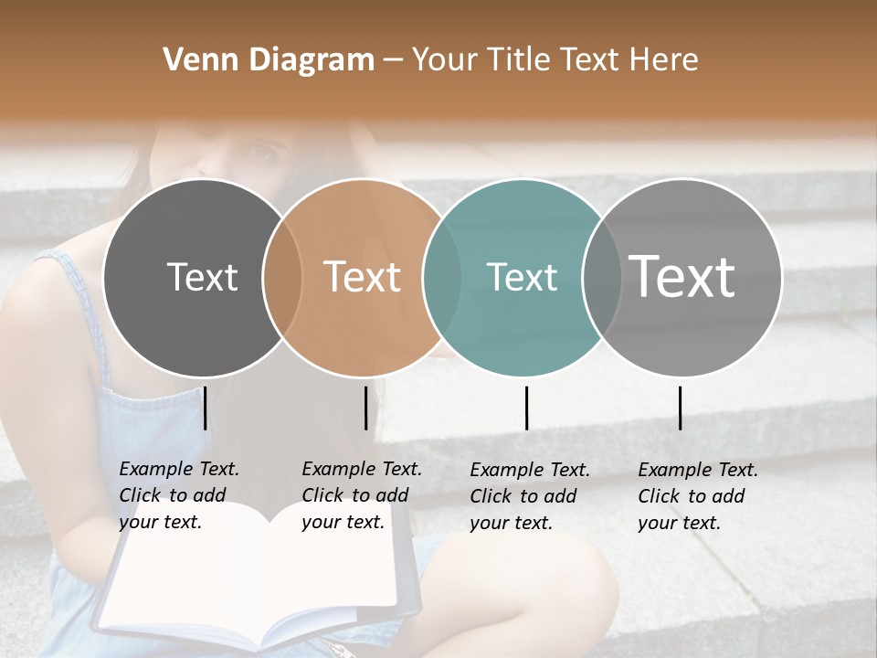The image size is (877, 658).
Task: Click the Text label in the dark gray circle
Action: (x=202, y=277)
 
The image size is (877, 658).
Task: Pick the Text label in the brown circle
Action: (x=362, y=277)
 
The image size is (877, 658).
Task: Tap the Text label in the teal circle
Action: (x=522, y=277)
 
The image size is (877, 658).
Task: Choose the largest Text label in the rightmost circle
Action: (x=682, y=277)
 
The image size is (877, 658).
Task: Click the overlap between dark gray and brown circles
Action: (x=282, y=278)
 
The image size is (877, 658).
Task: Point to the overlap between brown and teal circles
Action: (x=442, y=278)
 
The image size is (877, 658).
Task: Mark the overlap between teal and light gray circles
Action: (x=601, y=278)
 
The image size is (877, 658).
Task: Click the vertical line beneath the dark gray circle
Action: (x=205, y=408)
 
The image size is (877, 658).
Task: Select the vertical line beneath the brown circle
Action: (x=365, y=408)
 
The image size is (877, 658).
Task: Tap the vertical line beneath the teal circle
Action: (x=526, y=408)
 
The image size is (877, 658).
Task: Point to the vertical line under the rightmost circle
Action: (x=680, y=408)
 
